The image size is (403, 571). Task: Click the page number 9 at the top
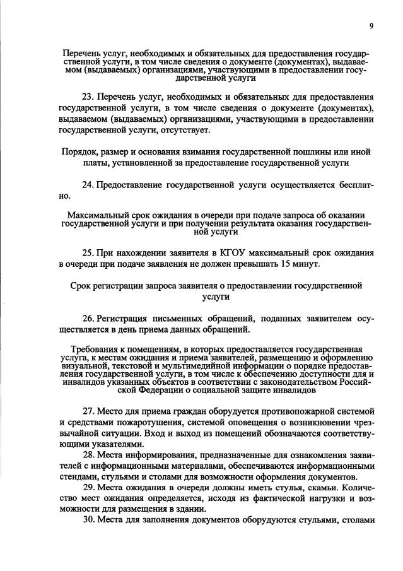[x=371, y=25]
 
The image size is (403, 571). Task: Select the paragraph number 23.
[x=89, y=98]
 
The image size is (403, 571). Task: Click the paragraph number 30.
[x=89, y=521]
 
